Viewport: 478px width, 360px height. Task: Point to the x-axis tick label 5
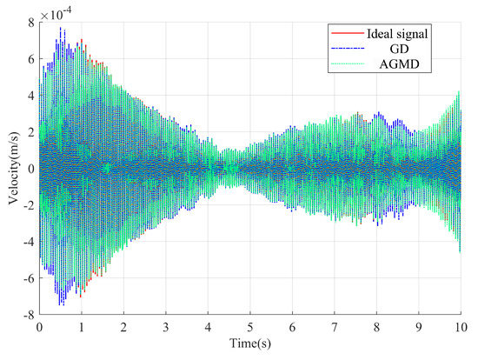coord(250,329)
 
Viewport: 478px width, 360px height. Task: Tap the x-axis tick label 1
coord(82,329)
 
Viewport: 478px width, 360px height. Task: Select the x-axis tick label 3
coord(166,329)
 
